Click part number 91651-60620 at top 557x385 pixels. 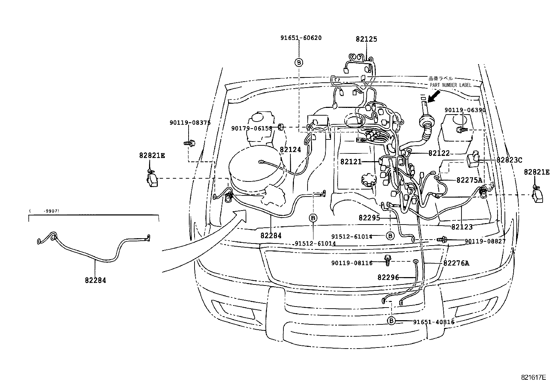coord(301,38)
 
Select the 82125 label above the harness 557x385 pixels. coord(366,39)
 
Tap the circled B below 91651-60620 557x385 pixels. coord(299,62)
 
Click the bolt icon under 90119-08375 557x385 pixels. coord(189,143)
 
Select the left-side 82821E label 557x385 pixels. coord(151,155)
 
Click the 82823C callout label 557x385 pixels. coord(509,160)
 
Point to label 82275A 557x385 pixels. coord(469,180)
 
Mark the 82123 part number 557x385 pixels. coord(462,227)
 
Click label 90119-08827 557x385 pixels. coord(485,241)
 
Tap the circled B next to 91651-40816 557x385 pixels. coord(391,321)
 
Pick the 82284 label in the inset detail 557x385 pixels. coord(95,280)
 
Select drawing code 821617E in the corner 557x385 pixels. coord(533,377)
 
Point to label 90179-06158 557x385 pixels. coord(252,129)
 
